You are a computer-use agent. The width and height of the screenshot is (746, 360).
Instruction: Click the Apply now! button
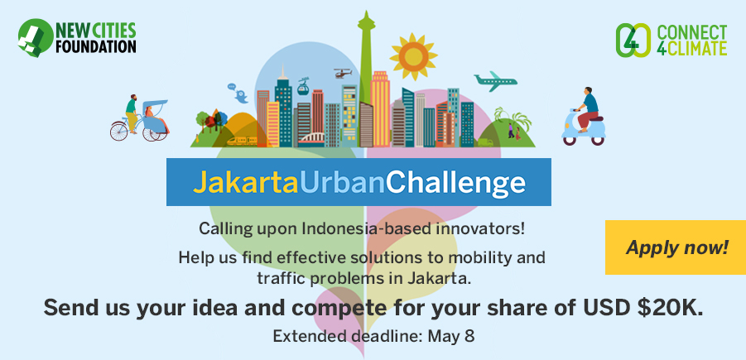coord(676,247)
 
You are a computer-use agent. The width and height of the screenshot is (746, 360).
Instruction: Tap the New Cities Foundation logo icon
coord(36,38)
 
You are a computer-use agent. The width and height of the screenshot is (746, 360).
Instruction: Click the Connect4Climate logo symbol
coord(633,41)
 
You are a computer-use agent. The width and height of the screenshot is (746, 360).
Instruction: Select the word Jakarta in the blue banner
coord(246,182)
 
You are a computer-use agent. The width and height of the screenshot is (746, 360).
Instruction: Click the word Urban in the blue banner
coord(343,181)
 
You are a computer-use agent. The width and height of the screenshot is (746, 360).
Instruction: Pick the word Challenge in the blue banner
coord(455,183)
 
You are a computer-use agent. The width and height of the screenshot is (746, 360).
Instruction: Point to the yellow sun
coord(413,57)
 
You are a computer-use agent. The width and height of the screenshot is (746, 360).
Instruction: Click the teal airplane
coord(495,81)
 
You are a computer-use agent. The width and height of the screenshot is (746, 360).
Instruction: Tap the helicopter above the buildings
coord(342,74)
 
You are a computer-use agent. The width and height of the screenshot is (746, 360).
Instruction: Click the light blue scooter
coord(584,129)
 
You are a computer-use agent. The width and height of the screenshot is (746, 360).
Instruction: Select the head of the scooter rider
coord(589,90)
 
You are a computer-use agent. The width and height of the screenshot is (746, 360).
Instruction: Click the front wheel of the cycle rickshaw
coord(119,131)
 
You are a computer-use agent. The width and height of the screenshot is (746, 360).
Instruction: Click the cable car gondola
coord(303,86)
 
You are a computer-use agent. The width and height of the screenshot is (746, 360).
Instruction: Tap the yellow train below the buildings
coord(242,141)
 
